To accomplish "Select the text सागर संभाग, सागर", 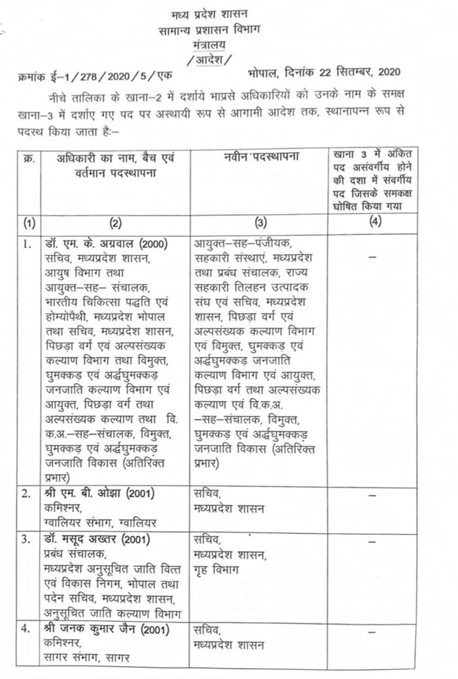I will pos(87,657).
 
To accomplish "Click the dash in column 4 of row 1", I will pos(374,257).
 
